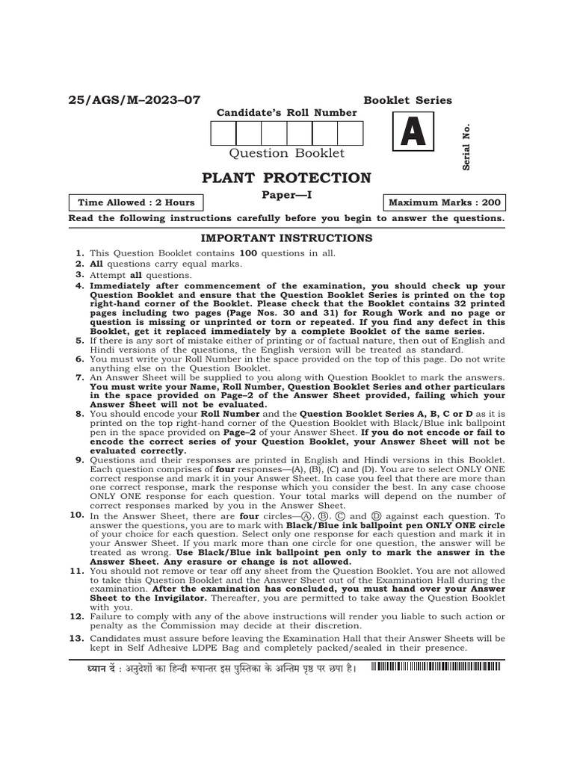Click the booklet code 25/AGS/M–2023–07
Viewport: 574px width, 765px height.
click(x=135, y=100)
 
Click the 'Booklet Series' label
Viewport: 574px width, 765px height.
click(x=407, y=100)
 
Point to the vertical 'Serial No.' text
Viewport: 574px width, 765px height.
click(x=466, y=146)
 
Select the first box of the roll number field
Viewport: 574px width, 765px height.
click(x=223, y=133)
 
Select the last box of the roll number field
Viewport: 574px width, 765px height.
click(x=350, y=133)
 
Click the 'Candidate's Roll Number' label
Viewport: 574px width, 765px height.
click(x=286, y=113)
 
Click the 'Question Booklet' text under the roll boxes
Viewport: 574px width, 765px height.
click(x=286, y=153)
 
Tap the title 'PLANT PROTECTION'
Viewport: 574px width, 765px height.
click(x=286, y=178)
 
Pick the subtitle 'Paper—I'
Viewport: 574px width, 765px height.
click(x=286, y=195)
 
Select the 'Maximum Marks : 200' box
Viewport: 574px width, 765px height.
click(x=445, y=202)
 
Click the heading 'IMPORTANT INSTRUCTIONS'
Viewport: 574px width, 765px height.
click(x=286, y=238)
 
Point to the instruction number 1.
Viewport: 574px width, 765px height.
click(x=78, y=254)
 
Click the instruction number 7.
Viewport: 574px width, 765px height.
click(x=78, y=379)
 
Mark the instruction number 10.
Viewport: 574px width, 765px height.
click(x=76, y=515)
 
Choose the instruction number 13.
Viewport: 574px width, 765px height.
click(x=76, y=639)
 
